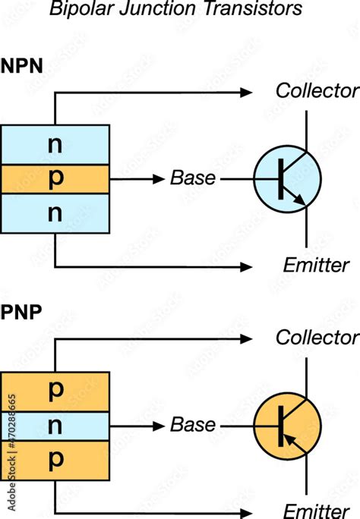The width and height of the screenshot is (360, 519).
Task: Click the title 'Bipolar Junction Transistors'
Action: (175, 9)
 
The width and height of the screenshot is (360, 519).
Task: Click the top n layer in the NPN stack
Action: (55, 144)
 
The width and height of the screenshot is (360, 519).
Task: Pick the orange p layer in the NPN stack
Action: (55, 179)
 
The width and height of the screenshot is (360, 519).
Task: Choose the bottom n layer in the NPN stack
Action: (55, 213)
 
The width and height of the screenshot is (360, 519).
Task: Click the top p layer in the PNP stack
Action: (55, 390)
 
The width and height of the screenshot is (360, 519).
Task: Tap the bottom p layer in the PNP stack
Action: (55, 460)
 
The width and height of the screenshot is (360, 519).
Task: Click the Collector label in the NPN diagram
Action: (316, 92)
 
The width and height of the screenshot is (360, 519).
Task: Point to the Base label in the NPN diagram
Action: (192, 179)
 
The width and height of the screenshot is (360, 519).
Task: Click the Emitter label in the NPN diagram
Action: (316, 266)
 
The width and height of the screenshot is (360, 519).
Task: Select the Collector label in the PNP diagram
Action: (316, 337)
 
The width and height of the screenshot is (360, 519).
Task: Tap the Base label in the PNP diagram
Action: (192, 425)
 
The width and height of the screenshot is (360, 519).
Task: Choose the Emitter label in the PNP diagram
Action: (316, 510)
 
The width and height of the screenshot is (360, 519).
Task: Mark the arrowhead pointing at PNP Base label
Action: (159, 425)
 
